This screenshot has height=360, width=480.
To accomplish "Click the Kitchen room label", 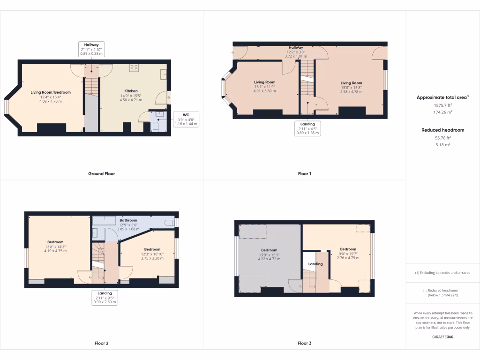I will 131,91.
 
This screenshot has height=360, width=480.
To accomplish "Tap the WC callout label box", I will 186,119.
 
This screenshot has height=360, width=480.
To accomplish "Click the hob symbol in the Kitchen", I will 134,67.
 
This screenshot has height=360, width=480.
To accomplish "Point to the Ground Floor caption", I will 101,173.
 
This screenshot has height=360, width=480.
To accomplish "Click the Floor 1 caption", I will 304,173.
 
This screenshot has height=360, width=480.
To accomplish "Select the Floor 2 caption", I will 101,343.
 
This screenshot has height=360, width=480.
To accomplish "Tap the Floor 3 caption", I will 304,343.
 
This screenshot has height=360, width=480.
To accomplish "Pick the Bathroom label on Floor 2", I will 128,220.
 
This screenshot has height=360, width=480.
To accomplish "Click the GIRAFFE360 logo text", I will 442,337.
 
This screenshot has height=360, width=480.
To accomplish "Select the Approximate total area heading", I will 442,97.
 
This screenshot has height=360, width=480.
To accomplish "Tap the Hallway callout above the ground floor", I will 91,49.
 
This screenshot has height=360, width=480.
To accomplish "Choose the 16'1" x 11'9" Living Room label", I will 265,87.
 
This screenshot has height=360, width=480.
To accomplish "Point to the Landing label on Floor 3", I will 315,264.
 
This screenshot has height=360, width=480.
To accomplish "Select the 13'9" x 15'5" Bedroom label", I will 269,255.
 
